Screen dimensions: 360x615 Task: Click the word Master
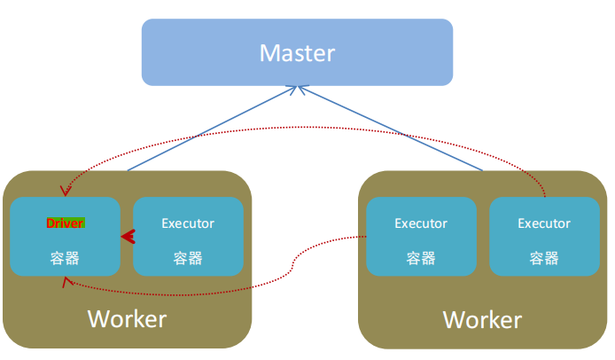(297, 53)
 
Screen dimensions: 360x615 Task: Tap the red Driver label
(65, 223)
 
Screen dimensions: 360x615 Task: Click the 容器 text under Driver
(65, 258)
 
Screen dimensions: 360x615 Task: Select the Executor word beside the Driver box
(187, 223)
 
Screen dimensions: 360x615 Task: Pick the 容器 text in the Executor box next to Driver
(187, 258)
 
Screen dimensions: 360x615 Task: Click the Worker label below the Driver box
(127, 317)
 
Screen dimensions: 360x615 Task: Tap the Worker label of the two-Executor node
(482, 318)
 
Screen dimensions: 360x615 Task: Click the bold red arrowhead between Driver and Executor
(128, 237)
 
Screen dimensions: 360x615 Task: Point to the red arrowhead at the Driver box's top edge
(64, 190)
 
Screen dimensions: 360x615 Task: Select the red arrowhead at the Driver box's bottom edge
(65, 281)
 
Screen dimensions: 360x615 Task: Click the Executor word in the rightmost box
(544, 223)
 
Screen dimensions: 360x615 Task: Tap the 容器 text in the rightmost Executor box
(544, 258)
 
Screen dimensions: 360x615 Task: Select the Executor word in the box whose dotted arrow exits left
(421, 223)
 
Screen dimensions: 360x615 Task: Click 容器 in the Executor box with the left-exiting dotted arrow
(421, 258)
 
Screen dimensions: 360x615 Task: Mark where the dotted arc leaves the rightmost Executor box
(544, 195)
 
